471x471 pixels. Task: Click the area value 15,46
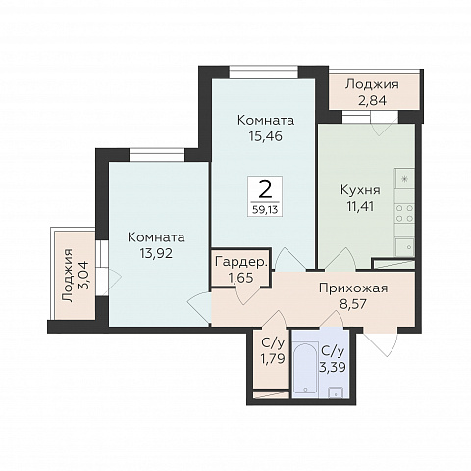pyautogui.click(x=265, y=136)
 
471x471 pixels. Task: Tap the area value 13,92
pyautogui.click(x=156, y=253)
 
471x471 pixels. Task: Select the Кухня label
pyautogui.click(x=360, y=190)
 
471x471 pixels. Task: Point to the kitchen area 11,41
pyautogui.click(x=360, y=207)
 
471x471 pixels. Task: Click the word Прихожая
pyautogui.click(x=353, y=288)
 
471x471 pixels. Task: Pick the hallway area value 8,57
pyautogui.click(x=353, y=304)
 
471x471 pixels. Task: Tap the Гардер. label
pyautogui.click(x=241, y=262)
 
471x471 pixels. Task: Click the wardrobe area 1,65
pyautogui.click(x=240, y=278)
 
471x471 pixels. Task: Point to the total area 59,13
pyautogui.click(x=265, y=209)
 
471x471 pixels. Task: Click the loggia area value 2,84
pyautogui.click(x=373, y=100)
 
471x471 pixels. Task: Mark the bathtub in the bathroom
pyautogui.click(x=306, y=368)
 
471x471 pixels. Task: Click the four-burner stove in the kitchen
pyautogui.click(x=405, y=213)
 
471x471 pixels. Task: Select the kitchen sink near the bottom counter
pyautogui.click(x=405, y=247)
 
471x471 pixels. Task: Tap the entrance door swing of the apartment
pyautogui.click(x=381, y=343)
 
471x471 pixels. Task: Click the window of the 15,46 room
pyautogui.click(x=264, y=73)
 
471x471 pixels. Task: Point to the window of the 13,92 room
pyautogui.click(x=157, y=155)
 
